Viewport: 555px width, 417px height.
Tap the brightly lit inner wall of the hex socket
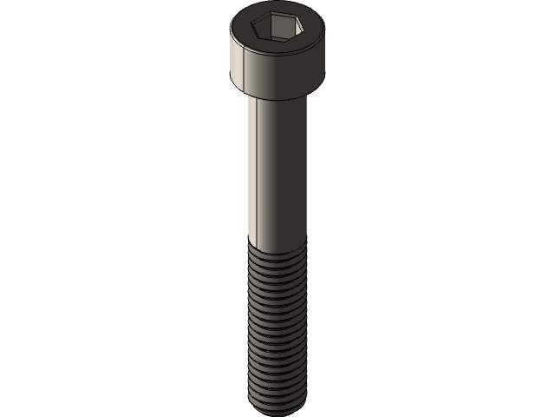(285, 32)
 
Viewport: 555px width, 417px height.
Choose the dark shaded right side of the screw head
(308, 69)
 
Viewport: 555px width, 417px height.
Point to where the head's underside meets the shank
(277, 96)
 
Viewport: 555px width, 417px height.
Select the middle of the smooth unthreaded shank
(277, 169)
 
